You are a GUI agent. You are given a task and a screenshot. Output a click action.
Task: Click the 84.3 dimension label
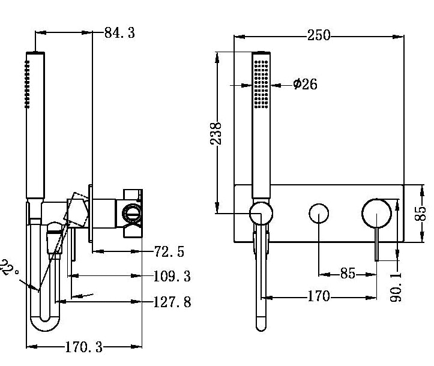[119, 32]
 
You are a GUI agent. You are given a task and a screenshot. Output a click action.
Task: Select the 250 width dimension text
[319, 35]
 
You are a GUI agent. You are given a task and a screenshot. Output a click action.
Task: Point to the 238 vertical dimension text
[217, 133]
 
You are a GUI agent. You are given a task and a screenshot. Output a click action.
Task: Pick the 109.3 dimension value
[172, 276]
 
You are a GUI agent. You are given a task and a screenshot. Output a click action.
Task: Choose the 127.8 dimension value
[172, 301]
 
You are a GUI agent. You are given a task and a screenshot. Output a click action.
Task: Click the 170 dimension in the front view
[318, 296]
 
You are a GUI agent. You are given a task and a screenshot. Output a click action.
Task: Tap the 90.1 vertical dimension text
[396, 284]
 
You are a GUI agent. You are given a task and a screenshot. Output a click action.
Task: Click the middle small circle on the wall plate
[319, 214]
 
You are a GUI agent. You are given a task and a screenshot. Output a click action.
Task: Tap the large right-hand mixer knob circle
[376, 213]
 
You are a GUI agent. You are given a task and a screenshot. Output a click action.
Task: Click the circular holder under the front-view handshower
[261, 213]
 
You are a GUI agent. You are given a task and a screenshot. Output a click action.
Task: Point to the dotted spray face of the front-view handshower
[261, 84]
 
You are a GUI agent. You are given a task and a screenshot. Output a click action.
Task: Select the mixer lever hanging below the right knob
[377, 244]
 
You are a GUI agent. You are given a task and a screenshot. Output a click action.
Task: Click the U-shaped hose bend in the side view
[45, 324]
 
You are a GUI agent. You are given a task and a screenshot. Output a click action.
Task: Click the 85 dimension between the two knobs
[348, 274]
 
